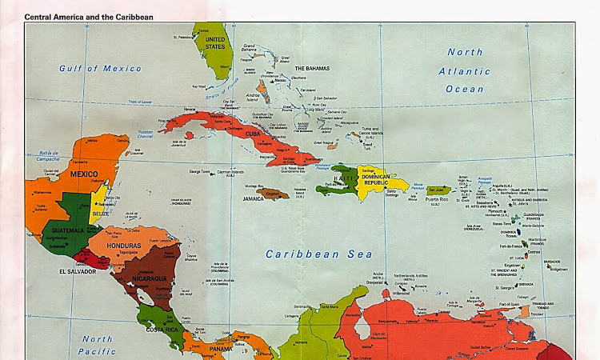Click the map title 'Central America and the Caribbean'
89,16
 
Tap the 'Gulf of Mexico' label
90,69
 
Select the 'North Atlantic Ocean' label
465,70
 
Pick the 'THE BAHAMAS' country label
311,69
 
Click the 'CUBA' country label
253,133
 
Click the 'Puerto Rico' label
437,198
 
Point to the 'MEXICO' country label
82,174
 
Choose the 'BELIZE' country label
100,214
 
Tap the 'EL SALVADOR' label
77,271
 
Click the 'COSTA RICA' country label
161,329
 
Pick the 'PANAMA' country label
221,349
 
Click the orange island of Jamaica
273,194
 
